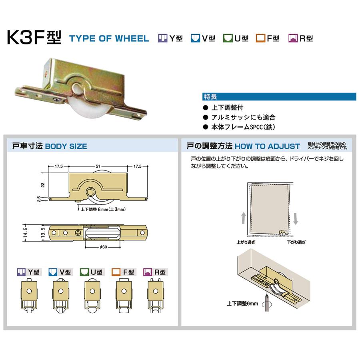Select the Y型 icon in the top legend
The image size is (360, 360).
tap(162, 38)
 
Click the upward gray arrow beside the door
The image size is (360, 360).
tap(243, 218)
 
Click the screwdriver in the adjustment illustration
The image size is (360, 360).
tap(266, 304)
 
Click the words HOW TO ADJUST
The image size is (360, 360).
tap(267, 146)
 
